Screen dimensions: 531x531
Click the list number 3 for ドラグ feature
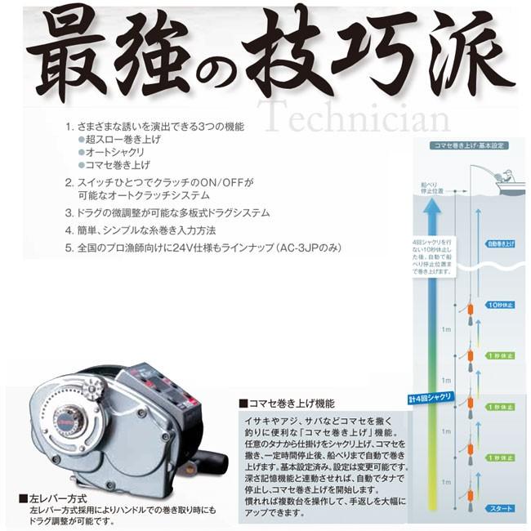(x=69, y=212)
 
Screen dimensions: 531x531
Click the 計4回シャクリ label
(x=428, y=399)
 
